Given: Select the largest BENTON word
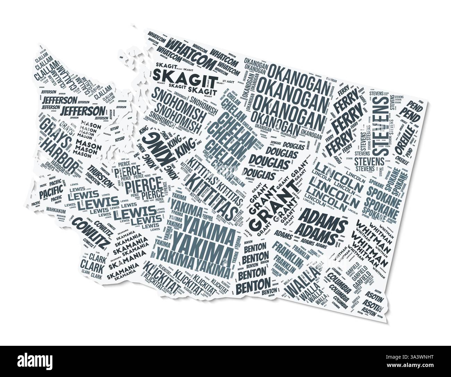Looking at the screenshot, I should click(x=253, y=285).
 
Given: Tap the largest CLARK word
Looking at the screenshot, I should click(x=90, y=266).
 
